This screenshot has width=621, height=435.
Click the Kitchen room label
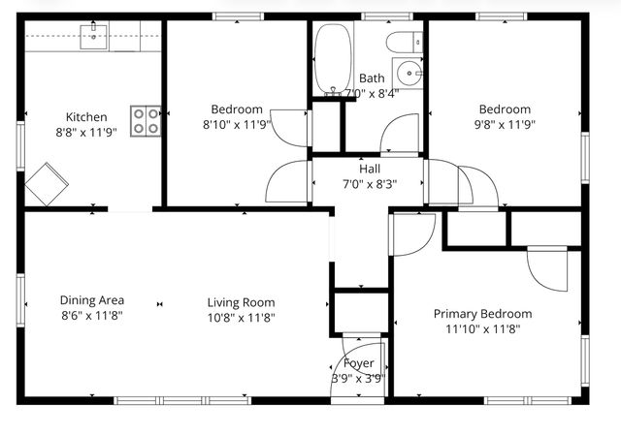pyautogui.click(x=86, y=117)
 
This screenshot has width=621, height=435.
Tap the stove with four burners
pyautogui.click(x=147, y=120)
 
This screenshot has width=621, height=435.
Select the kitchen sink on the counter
pyautogui.click(x=96, y=36)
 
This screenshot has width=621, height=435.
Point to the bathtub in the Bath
pyautogui.click(x=334, y=59)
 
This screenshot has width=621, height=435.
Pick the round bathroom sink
pyautogui.click(x=411, y=73)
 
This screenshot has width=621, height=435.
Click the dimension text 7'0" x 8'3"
pyautogui.click(x=370, y=183)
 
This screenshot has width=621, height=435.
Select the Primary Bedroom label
pyautogui.click(x=482, y=314)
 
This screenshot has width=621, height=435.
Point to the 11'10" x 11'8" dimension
pyautogui.click(x=482, y=329)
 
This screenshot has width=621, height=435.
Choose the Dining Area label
pyautogui.click(x=92, y=300)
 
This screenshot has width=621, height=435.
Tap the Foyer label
pyautogui.click(x=359, y=363)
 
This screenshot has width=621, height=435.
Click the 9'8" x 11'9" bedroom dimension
pyautogui.click(x=504, y=124)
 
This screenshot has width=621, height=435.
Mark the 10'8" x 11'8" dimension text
pyautogui.click(x=240, y=316)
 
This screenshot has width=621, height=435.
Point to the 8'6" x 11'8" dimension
pyautogui.click(x=92, y=315)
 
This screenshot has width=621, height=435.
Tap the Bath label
pyautogui.click(x=372, y=78)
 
